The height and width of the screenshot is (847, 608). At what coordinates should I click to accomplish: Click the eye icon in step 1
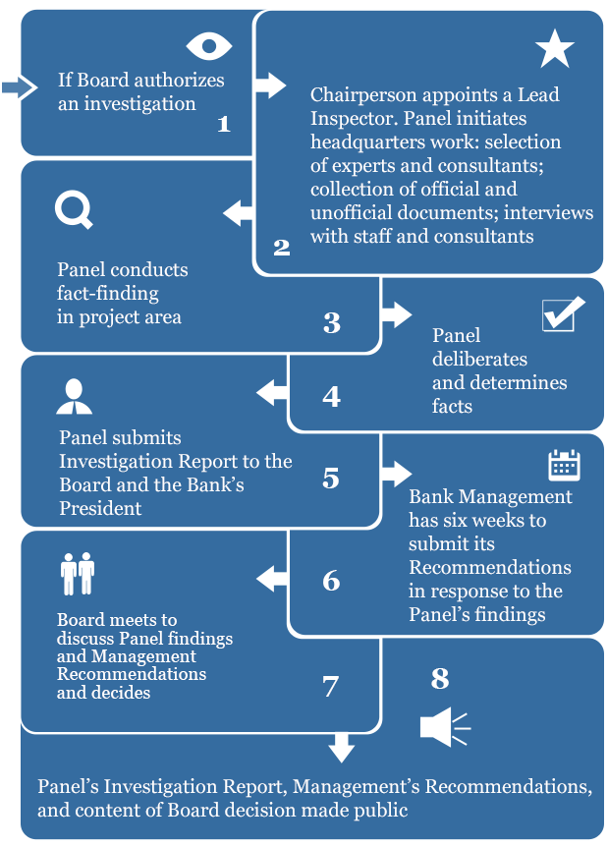[209, 45]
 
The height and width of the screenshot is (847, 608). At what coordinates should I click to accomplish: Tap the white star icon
[555, 49]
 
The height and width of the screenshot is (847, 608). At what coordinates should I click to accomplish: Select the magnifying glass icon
[74, 209]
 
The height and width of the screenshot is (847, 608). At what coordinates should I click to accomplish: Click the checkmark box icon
[563, 314]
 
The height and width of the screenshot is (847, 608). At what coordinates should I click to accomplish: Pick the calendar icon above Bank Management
[564, 464]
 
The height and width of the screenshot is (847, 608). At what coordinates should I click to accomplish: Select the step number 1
[224, 125]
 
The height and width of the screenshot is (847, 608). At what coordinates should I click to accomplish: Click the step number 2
[282, 247]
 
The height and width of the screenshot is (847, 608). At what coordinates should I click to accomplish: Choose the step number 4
[331, 396]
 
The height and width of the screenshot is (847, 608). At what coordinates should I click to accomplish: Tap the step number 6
[331, 581]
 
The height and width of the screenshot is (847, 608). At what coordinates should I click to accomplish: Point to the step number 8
[440, 678]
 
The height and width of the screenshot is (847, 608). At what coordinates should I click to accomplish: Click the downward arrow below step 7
[341, 748]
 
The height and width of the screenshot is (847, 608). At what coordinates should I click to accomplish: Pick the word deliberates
[479, 359]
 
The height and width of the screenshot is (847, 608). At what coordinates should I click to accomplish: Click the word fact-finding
[107, 293]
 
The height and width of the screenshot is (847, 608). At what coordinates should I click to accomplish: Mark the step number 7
[330, 686]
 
